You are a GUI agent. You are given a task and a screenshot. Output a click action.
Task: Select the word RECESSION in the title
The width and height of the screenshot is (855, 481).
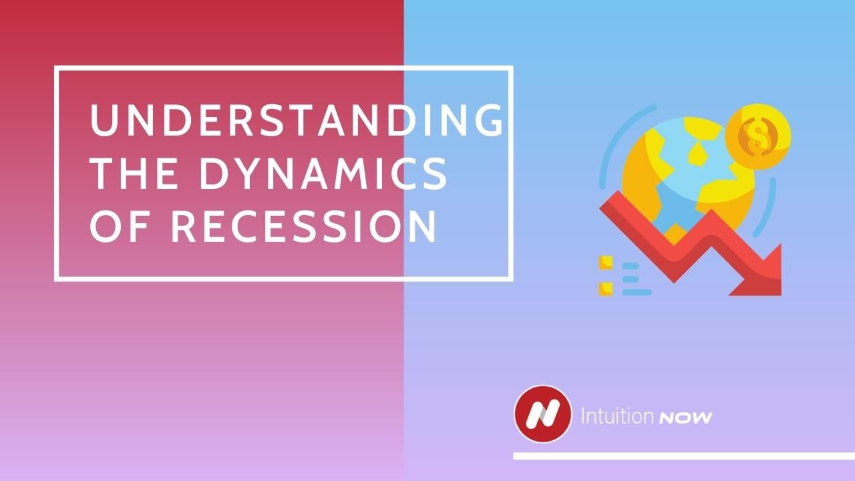[x=304, y=226]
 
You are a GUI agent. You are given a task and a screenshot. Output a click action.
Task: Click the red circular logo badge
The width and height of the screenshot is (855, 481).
[x=542, y=414]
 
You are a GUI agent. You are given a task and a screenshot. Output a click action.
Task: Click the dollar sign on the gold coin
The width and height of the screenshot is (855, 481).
[x=757, y=136]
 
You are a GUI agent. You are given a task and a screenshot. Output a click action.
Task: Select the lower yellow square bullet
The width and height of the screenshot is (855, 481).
[x=606, y=289]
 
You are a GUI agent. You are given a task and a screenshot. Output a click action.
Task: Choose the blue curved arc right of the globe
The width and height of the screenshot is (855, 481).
[x=768, y=207]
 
